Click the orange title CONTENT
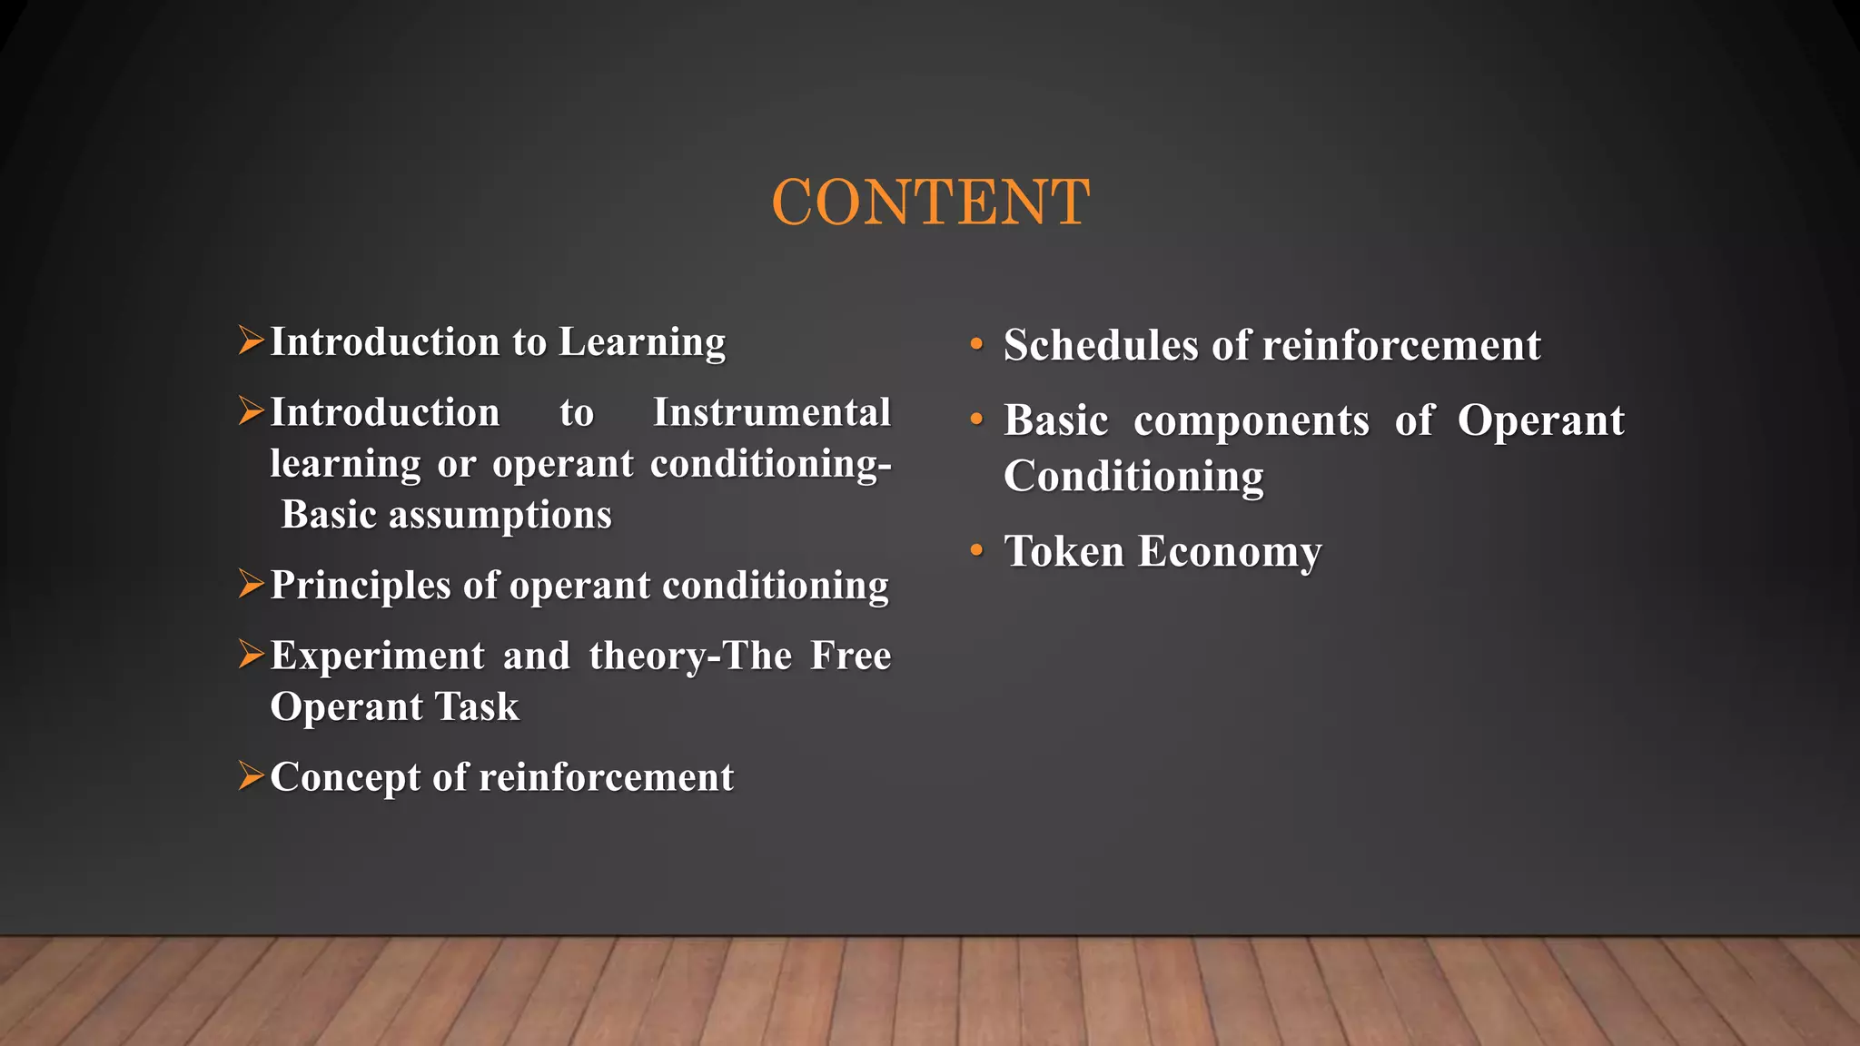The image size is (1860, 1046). click(930, 202)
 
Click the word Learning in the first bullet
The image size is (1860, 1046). click(642, 343)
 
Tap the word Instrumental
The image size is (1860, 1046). click(772, 413)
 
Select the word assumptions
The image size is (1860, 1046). click(500, 516)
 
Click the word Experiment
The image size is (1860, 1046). click(378, 656)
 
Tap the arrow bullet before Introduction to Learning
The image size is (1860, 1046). click(251, 340)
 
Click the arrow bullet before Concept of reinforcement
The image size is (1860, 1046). click(251, 775)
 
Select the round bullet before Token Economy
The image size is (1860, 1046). click(976, 550)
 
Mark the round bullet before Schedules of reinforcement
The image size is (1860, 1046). click(976, 344)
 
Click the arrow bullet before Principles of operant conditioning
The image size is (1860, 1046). click(251, 584)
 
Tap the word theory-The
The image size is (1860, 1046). click(690, 656)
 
